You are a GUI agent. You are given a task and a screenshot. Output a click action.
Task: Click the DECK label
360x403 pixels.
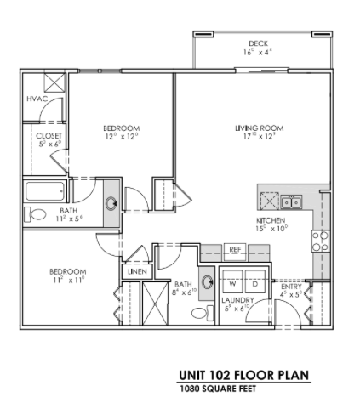pos(259,43)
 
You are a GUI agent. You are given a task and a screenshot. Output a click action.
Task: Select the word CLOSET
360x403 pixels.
pos(48,135)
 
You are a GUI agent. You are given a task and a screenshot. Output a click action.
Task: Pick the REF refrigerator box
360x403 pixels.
pos(236,249)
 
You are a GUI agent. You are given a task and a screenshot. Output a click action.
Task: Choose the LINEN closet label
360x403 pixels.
pos(137,271)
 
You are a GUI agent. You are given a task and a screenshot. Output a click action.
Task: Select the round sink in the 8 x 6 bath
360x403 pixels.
pos(208,282)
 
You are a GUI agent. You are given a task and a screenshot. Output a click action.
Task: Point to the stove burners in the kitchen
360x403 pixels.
pos(320,241)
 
